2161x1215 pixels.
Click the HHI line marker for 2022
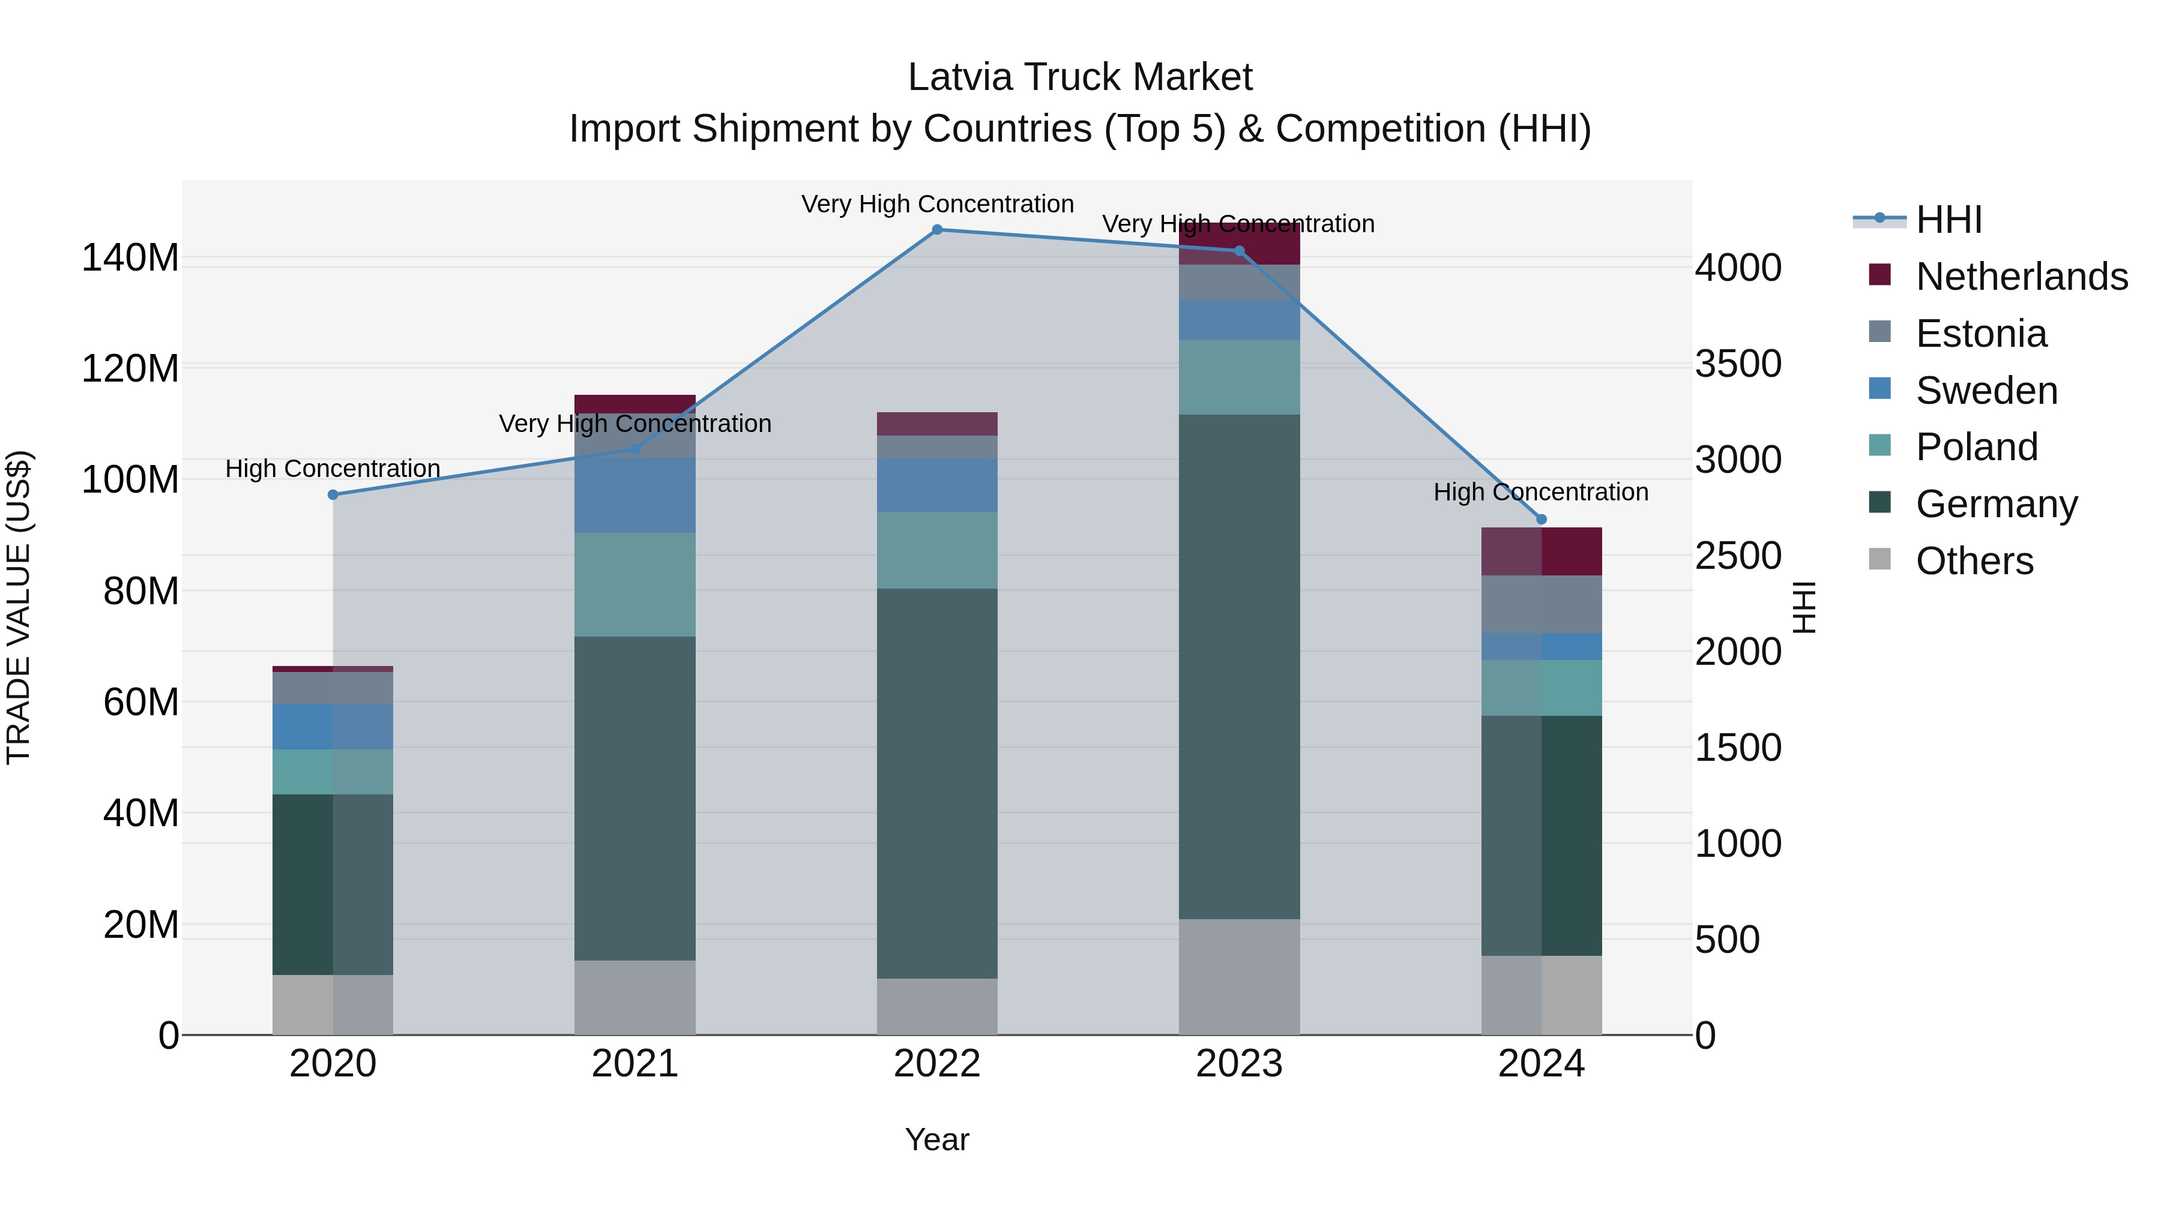click(937, 229)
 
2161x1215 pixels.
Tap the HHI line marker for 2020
click(333, 495)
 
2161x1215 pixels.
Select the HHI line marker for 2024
click(1541, 519)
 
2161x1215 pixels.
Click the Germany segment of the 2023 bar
click(1239, 667)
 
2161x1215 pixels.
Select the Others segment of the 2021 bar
click(635, 997)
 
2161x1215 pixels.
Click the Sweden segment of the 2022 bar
click(937, 485)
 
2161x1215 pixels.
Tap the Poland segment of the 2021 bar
click(635, 584)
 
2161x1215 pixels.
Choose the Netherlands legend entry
click(2021, 277)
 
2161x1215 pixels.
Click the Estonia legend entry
click(1981, 334)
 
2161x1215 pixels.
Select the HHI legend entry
click(1949, 220)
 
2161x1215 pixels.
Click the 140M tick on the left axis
click(130, 257)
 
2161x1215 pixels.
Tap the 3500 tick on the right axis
click(1738, 364)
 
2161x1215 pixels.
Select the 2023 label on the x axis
click(1239, 1064)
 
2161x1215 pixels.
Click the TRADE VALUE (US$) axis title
click(19, 607)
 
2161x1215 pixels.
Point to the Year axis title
click(937, 1139)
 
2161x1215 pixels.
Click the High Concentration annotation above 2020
click(333, 469)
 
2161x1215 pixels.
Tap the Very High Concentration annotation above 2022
click(937, 204)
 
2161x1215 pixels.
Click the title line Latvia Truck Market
click(1080, 77)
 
